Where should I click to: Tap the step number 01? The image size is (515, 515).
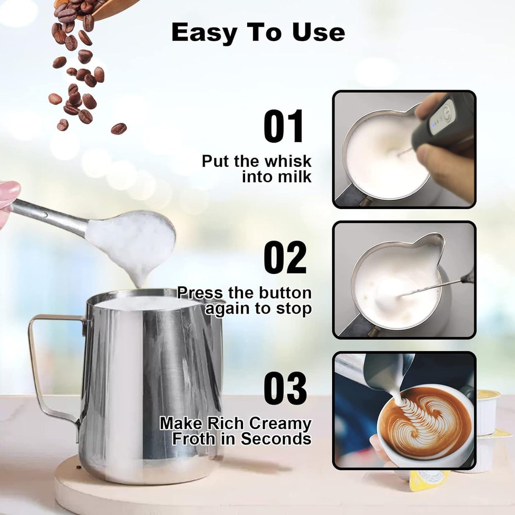click(x=285, y=126)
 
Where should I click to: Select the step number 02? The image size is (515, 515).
click(x=285, y=257)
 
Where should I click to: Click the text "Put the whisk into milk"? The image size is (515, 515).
click(x=256, y=168)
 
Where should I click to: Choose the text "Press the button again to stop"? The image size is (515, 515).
click(x=245, y=301)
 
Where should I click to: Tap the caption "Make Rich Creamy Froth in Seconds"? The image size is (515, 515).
click(x=236, y=431)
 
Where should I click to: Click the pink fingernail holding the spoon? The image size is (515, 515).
click(x=8, y=191)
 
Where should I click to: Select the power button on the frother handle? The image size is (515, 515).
click(x=447, y=112)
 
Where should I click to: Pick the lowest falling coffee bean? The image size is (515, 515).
click(x=118, y=128)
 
